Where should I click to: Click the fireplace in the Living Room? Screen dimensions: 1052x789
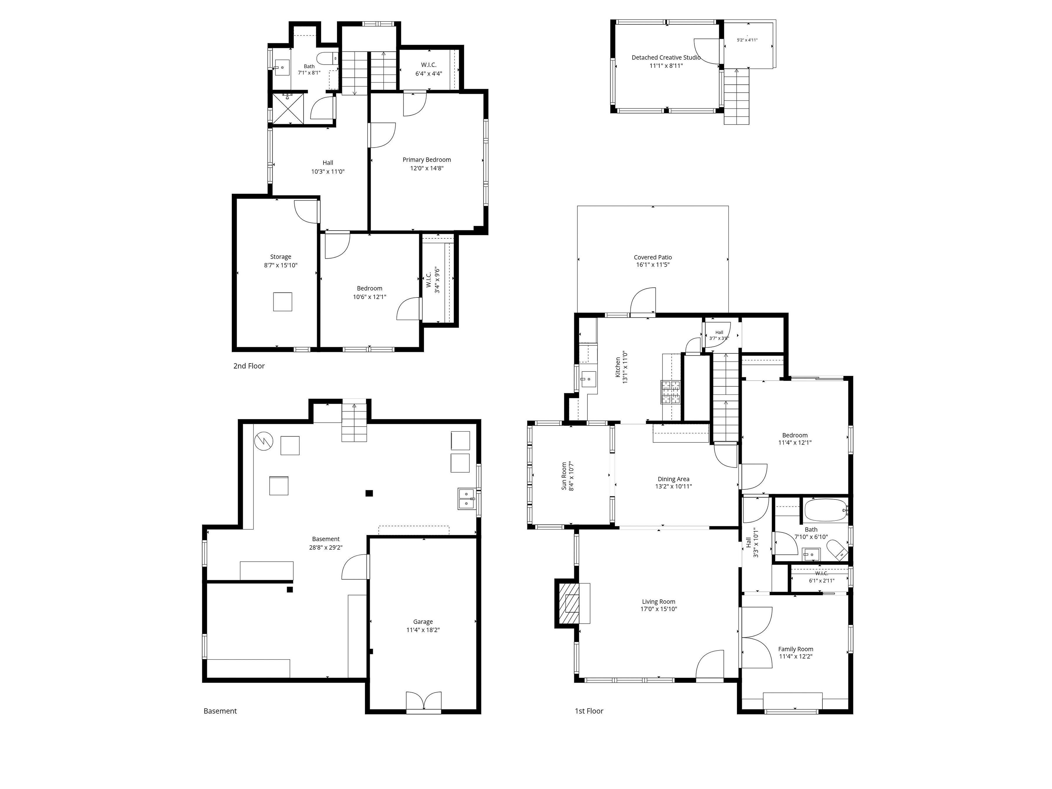[572, 603]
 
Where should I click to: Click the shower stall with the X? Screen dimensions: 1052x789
[288, 109]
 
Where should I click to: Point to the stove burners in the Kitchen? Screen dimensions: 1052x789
[670, 392]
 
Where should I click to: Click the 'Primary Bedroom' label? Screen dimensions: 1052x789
[427, 160]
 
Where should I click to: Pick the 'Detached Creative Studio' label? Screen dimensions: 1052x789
[666, 58]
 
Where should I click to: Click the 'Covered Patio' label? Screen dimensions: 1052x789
[653, 257]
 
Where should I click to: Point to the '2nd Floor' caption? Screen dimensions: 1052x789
[249, 366]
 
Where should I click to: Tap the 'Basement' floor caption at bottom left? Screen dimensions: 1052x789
[220, 711]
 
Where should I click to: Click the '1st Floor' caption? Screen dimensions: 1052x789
[589, 711]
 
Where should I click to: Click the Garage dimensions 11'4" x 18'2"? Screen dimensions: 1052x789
[423, 630]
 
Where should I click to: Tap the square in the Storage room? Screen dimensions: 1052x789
[283, 302]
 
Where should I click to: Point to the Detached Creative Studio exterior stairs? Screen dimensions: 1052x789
[736, 96]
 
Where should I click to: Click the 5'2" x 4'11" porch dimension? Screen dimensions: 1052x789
[747, 40]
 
